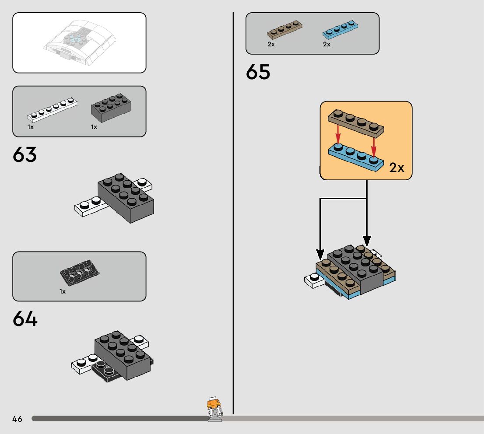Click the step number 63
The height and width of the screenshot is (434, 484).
pos(25,155)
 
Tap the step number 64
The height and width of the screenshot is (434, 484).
pos(25,319)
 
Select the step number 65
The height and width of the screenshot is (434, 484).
pos(258,72)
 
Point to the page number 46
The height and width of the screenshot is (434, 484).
pos(17,419)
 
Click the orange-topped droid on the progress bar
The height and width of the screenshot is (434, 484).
pos(214,409)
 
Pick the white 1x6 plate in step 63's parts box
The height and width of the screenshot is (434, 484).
pos(53,111)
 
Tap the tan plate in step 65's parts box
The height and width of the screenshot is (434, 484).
pos(284,29)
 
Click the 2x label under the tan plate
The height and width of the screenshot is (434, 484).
pos(271,44)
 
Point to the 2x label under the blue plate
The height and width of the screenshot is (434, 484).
pos(327,44)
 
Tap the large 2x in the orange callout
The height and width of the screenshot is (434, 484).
pos(397,168)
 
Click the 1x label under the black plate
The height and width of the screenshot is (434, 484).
pos(63,291)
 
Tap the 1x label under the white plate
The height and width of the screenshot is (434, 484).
pos(31,127)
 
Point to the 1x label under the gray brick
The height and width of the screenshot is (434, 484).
pos(94,127)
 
